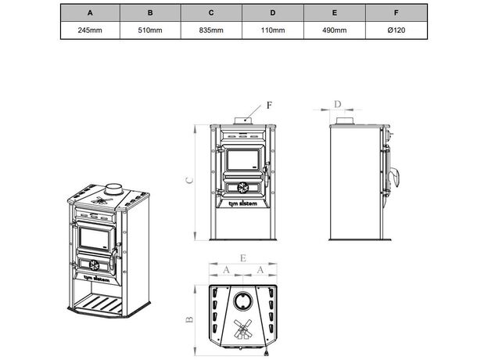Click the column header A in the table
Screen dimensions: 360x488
tap(90, 13)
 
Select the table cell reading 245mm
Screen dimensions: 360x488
tap(90, 30)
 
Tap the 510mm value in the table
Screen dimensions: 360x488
tap(150, 30)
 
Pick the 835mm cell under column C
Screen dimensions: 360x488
tap(211, 30)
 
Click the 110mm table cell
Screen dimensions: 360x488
tap(272, 30)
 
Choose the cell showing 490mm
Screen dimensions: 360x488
tap(334, 30)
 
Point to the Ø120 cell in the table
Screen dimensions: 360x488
tap(396, 30)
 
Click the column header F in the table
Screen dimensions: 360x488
tap(396, 13)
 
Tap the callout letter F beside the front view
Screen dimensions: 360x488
tap(270, 104)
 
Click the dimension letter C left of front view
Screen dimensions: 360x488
tap(190, 179)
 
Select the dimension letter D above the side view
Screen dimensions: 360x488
tap(338, 103)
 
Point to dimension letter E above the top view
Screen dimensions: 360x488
tap(243, 257)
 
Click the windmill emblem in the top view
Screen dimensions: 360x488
tap(243, 329)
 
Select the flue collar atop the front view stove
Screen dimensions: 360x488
tap(242, 121)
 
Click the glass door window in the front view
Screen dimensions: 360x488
tap(242, 162)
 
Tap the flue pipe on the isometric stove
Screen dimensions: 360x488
tap(113, 189)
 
